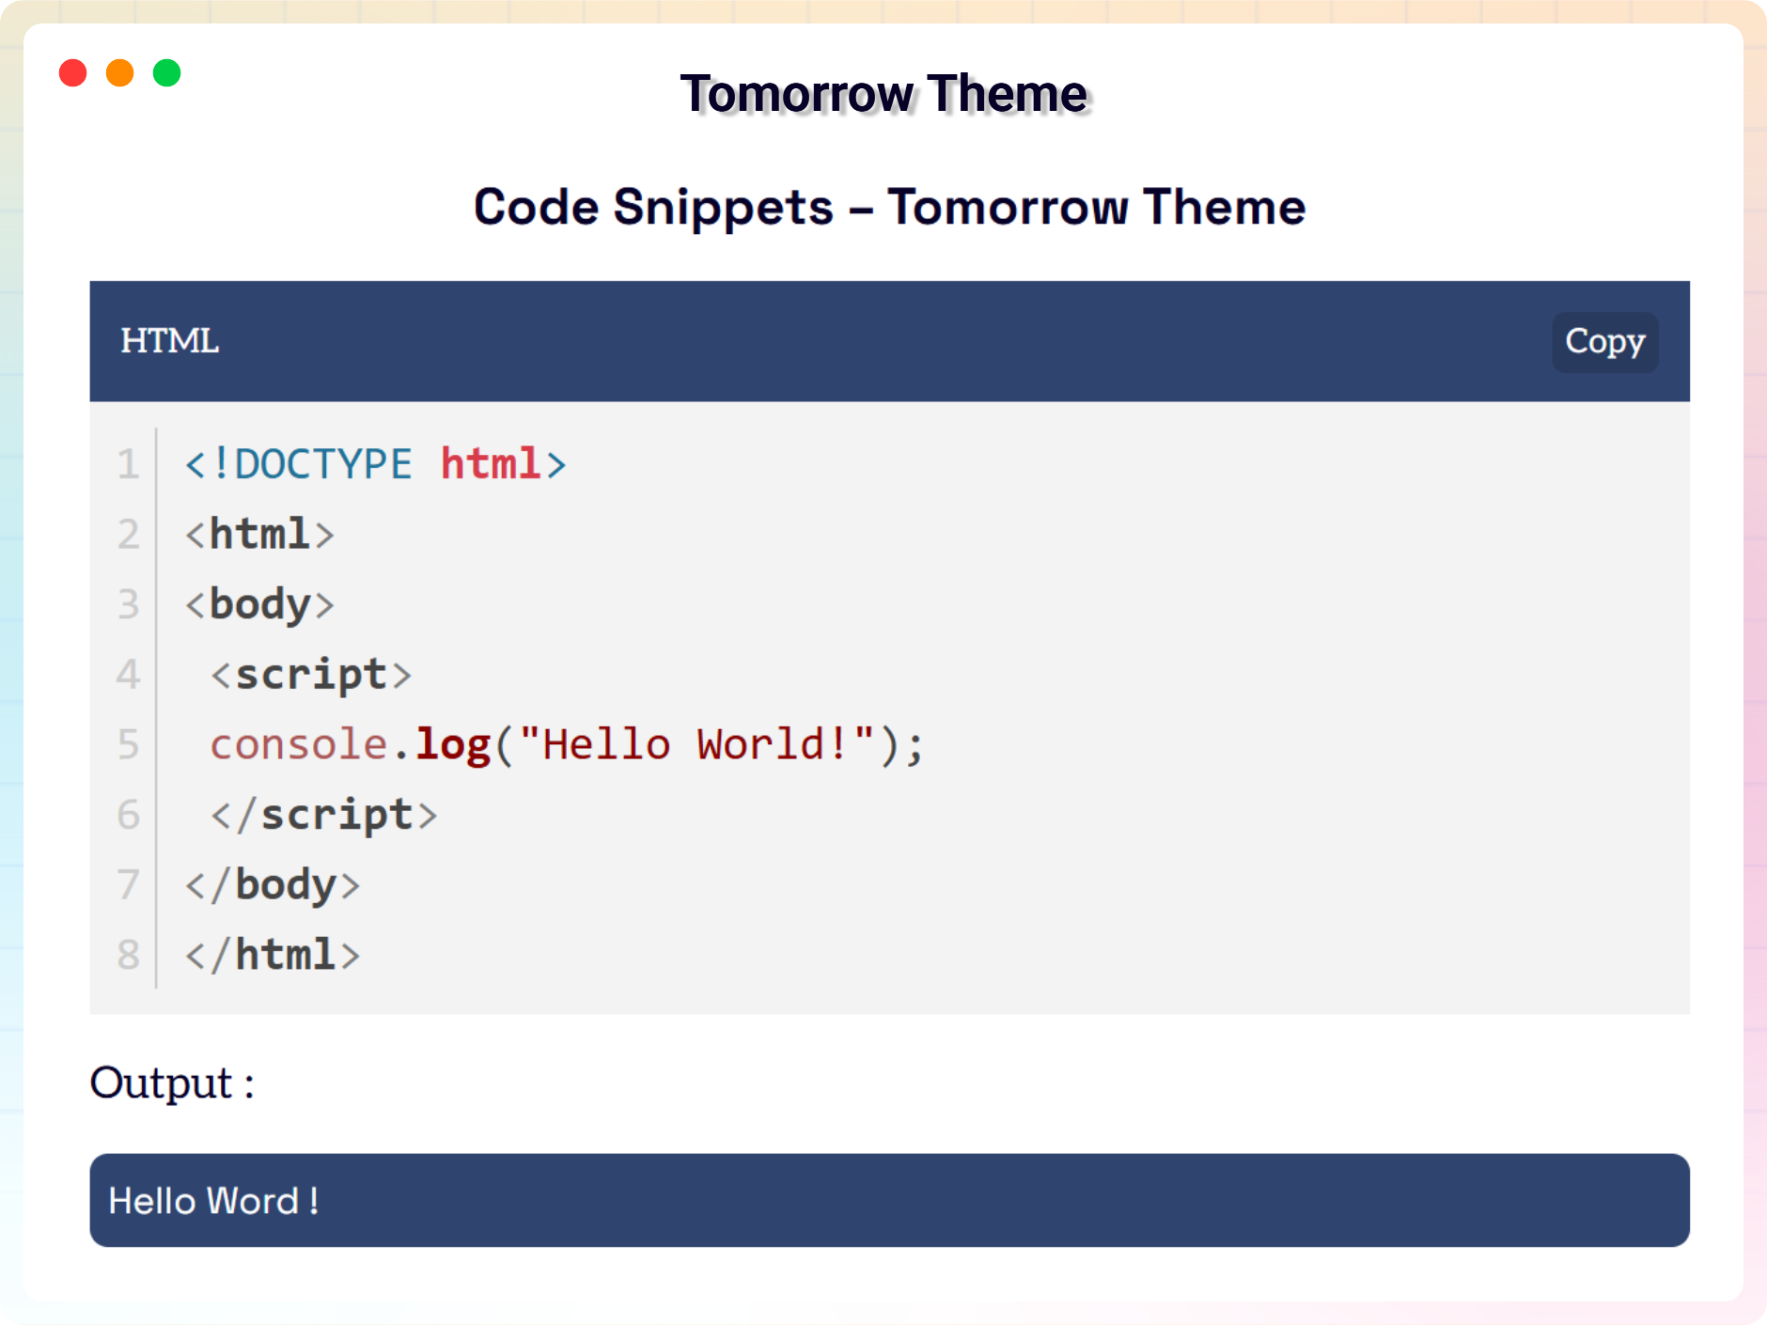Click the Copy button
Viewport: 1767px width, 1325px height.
[1604, 342]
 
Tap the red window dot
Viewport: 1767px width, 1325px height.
[72, 72]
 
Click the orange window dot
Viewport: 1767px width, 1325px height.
[119, 72]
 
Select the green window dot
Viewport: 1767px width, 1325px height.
[166, 72]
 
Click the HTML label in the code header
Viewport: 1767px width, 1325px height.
[169, 341]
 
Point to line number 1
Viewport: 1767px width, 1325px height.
[128, 464]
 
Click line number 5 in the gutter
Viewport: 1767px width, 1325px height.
[128, 744]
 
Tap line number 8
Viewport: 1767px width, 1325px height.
[128, 955]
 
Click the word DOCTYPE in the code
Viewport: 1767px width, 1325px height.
[322, 464]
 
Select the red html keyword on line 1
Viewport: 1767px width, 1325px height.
[490, 463]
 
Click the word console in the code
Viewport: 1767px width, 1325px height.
[299, 745]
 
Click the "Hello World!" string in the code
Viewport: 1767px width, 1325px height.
[696, 743]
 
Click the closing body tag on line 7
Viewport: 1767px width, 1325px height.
[273, 885]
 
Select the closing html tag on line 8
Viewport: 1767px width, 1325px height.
[273, 955]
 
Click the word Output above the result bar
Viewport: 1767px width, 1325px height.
[161, 1083]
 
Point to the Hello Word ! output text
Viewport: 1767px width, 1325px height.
[214, 1201]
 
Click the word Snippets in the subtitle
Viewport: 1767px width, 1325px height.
[723, 209]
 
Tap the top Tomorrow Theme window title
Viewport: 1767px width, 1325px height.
[883, 94]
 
